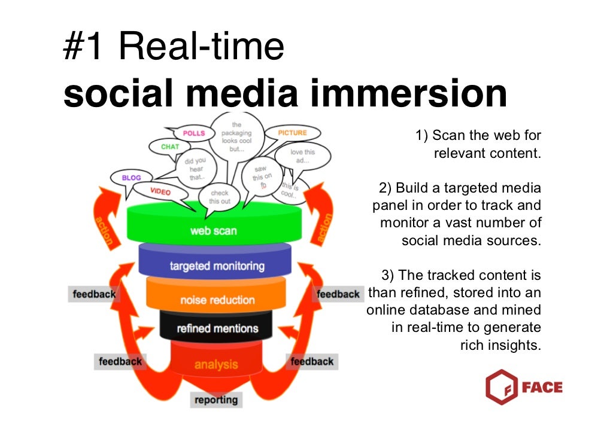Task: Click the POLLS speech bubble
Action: (193, 133)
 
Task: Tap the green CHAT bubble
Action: (170, 147)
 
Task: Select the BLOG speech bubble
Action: (131, 178)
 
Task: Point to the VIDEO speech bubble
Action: (160, 191)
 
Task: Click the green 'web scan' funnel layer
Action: (214, 230)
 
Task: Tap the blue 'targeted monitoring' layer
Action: (216, 266)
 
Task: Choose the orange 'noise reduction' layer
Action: (217, 300)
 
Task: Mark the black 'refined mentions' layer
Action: (217, 328)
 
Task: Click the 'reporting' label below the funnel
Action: (216, 400)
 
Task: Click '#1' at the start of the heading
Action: (84, 47)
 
